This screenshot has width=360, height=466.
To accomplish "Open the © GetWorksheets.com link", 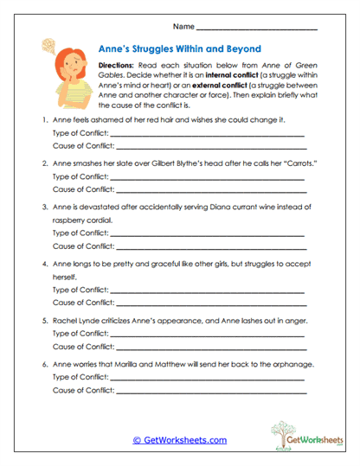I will click(x=179, y=441).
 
